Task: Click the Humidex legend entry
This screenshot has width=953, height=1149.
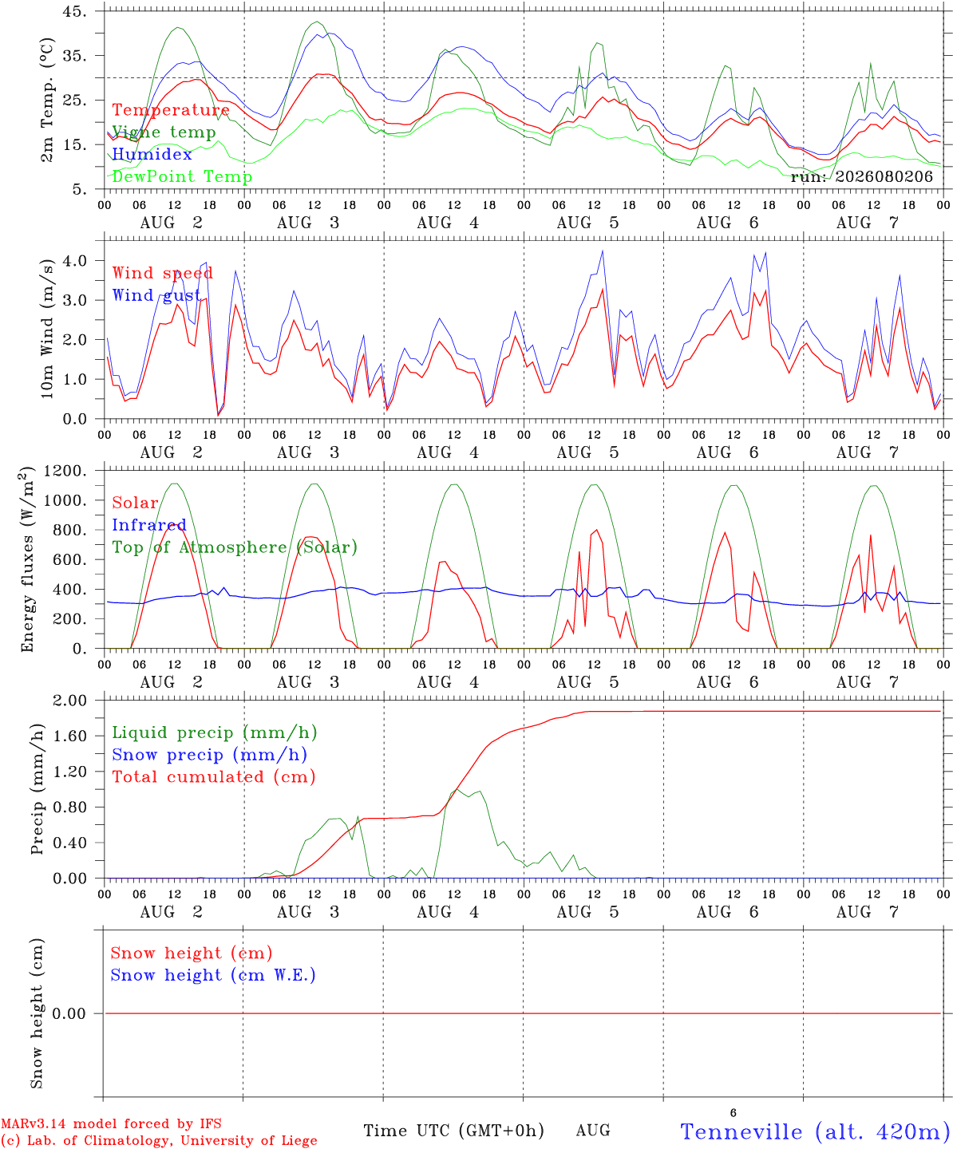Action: [152, 154]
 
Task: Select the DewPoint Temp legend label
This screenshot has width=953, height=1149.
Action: [182, 176]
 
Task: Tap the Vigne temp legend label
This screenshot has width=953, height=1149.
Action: [164, 132]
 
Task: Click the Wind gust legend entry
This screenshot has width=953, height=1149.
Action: [156, 295]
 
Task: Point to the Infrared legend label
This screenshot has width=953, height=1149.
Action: [149, 525]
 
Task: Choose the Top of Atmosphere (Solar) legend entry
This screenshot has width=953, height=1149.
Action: [235, 547]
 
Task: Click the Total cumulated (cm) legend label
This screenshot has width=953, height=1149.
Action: [214, 777]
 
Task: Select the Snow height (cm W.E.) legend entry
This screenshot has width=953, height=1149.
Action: [213, 974]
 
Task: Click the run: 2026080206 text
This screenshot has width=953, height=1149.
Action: [861, 176]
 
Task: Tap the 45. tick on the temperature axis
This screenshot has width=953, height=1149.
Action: [74, 11]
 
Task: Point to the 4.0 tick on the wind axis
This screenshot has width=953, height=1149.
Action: [75, 260]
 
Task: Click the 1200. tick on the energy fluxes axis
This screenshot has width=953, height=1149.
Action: [65, 471]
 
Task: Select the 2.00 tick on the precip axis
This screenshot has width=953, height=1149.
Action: [70, 701]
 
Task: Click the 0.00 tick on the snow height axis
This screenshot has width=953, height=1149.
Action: [69, 1013]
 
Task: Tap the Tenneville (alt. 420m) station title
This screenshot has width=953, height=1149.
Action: [811, 1131]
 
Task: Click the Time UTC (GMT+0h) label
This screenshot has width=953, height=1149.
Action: [453, 1131]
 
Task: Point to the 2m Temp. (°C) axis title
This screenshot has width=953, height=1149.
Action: [47, 101]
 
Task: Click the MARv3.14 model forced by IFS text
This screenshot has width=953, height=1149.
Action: [111, 1123]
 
